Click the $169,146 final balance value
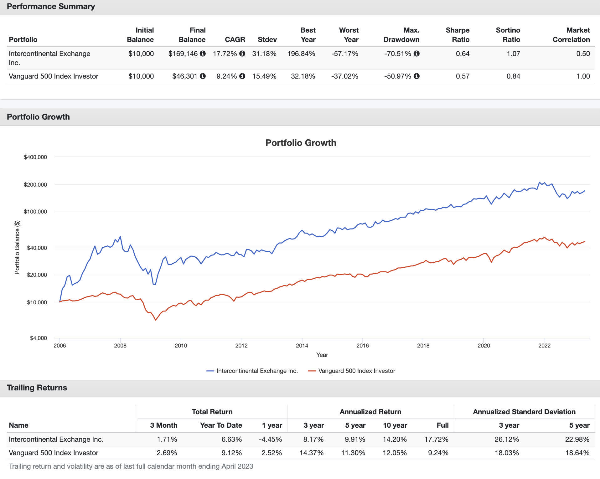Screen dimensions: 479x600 183,54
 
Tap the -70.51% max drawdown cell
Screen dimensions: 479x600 397,54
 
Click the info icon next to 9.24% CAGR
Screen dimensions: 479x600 242,76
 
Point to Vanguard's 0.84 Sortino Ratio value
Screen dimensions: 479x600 513,76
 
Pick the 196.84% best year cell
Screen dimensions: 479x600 301,54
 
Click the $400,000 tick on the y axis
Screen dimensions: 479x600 35,157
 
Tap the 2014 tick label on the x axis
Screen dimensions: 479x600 302,346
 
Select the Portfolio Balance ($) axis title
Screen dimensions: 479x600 17,247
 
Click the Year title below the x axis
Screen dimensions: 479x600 322,355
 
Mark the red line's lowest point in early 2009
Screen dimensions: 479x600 156,320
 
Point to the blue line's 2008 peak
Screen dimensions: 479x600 120,237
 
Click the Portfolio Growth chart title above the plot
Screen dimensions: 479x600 301,143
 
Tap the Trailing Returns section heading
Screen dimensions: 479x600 37,388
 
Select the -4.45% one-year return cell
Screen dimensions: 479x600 270,439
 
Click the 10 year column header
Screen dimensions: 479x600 395,425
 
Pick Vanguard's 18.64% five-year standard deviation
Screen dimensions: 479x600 577,453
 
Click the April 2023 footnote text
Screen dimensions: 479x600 131,466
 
